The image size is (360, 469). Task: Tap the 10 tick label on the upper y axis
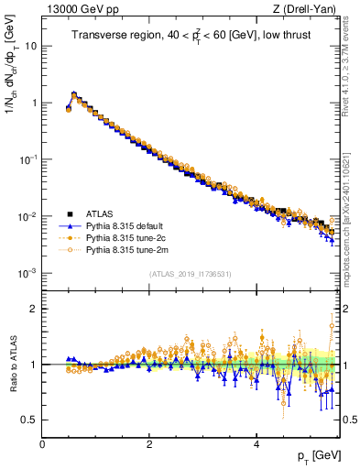pyautogui.click(x=31, y=45)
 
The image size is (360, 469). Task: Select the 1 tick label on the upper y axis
pyautogui.click(x=34, y=103)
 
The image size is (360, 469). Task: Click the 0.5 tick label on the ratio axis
pyautogui.click(x=29, y=420)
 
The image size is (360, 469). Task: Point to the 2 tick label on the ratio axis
pyautogui.click(x=34, y=309)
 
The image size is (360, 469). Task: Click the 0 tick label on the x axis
pyautogui.click(x=42, y=444)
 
